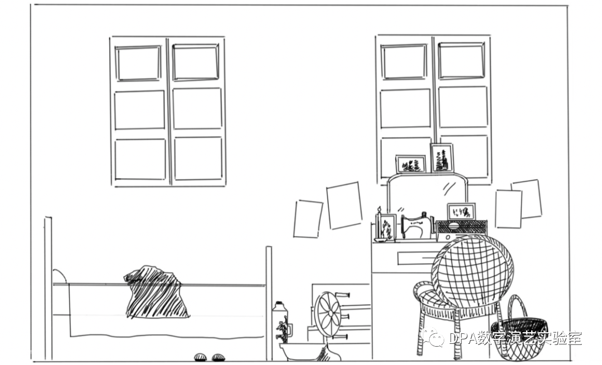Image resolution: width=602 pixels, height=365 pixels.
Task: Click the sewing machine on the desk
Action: pyautogui.click(x=416, y=226)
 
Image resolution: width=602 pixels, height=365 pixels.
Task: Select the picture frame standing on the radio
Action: pyautogui.click(x=462, y=211)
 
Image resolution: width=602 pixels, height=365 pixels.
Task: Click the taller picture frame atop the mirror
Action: pyautogui.click(x=442, y=158)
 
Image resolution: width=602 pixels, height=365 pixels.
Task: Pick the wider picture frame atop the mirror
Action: pyautogui.click(x=411, y=164)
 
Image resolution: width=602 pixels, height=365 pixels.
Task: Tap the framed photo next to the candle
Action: pyautogui.click(x=387, y=228)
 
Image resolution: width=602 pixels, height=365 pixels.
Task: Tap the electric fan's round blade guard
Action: pyautogui.click(x=328, y=314)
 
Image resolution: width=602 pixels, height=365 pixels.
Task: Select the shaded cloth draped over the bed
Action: pyautogui.click(x=156, y=292)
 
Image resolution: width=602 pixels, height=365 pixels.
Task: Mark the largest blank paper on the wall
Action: pyautogui.click(x=344, y=205)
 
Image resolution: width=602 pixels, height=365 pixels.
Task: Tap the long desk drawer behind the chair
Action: pyautogui.click(x=416, y=258)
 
